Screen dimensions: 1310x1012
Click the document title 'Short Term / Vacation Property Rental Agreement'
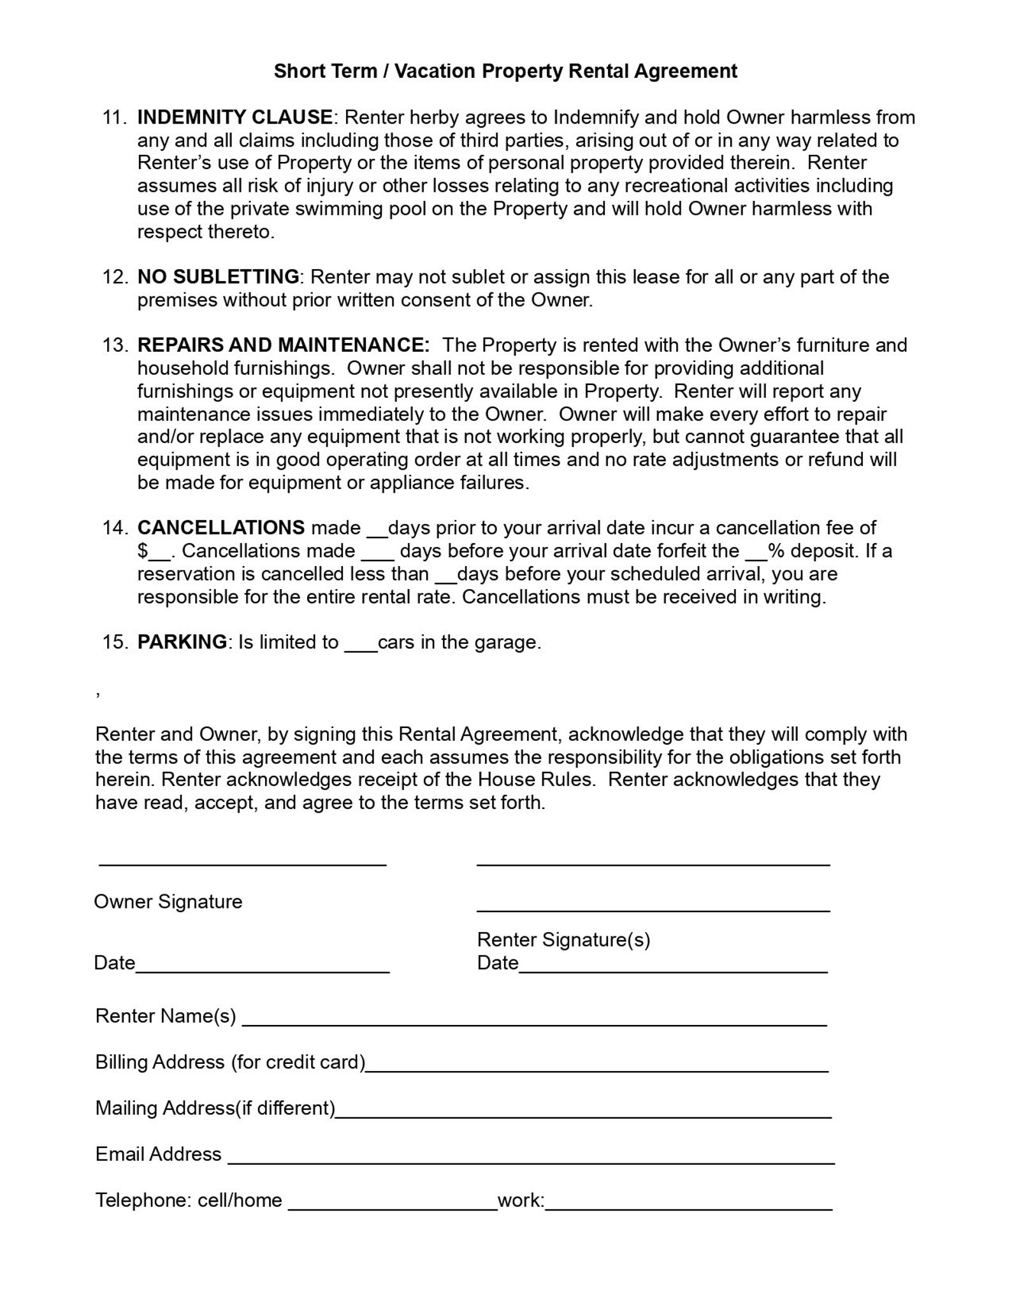tap(505, 71)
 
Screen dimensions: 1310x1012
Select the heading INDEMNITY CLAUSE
tap(235, 117)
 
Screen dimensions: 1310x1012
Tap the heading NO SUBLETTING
tap(218, 277)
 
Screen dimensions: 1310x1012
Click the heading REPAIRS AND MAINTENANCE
tap(284, 345)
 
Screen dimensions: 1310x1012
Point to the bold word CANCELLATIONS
tap(221, 528)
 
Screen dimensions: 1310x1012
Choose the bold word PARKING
tap(182, 642)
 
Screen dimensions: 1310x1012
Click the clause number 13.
tap(115, 345)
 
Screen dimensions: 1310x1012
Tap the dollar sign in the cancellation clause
tap(143, 551)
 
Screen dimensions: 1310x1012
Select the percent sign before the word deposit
tap(776, 551)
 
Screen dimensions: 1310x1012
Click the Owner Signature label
tap(168, 901)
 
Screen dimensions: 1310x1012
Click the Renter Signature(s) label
tap(563, 940)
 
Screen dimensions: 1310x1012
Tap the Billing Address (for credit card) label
tap(230, 1062)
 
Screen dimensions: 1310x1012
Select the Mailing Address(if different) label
tap(215, 1108)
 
